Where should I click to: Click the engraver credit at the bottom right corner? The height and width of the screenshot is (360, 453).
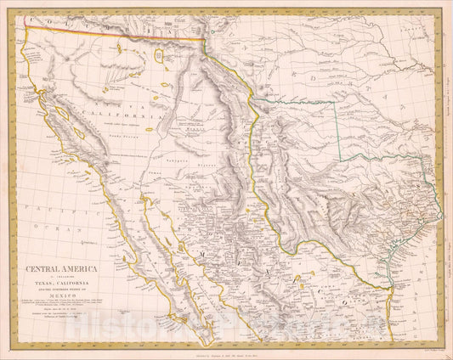(416, 349)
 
